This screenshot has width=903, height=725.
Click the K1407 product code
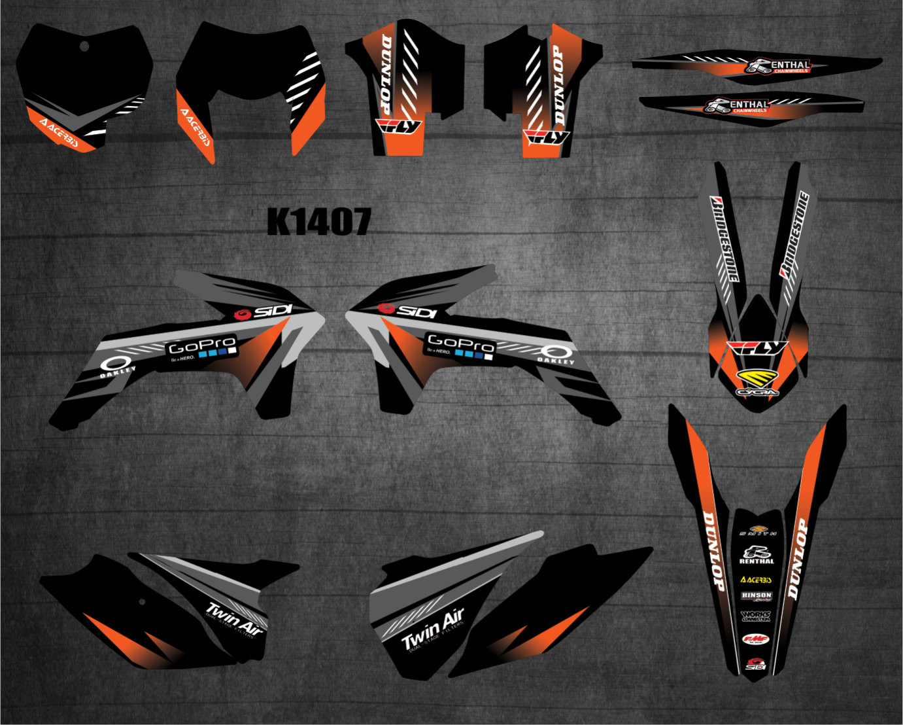tap(319, 221)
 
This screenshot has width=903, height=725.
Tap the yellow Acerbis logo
tap(756, 580)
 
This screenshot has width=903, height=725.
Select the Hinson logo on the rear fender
tap(757, 596)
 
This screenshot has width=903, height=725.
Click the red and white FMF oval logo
tap(756, 639)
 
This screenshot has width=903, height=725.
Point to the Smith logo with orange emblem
tap(757, 531)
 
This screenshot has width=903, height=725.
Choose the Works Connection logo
tap(756, 616)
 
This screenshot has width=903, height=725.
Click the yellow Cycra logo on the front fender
tap(757, 383)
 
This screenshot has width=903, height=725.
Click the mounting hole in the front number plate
tap(84, 46)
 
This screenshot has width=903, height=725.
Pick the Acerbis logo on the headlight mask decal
tap(196, 127)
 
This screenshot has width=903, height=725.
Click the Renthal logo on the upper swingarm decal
tap(779, 66)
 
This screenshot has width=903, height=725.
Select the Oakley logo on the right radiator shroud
tap(555, 355)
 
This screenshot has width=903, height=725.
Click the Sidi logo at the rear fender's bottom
tap(756, 663)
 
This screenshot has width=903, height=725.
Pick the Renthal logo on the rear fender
tap(757, 555)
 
